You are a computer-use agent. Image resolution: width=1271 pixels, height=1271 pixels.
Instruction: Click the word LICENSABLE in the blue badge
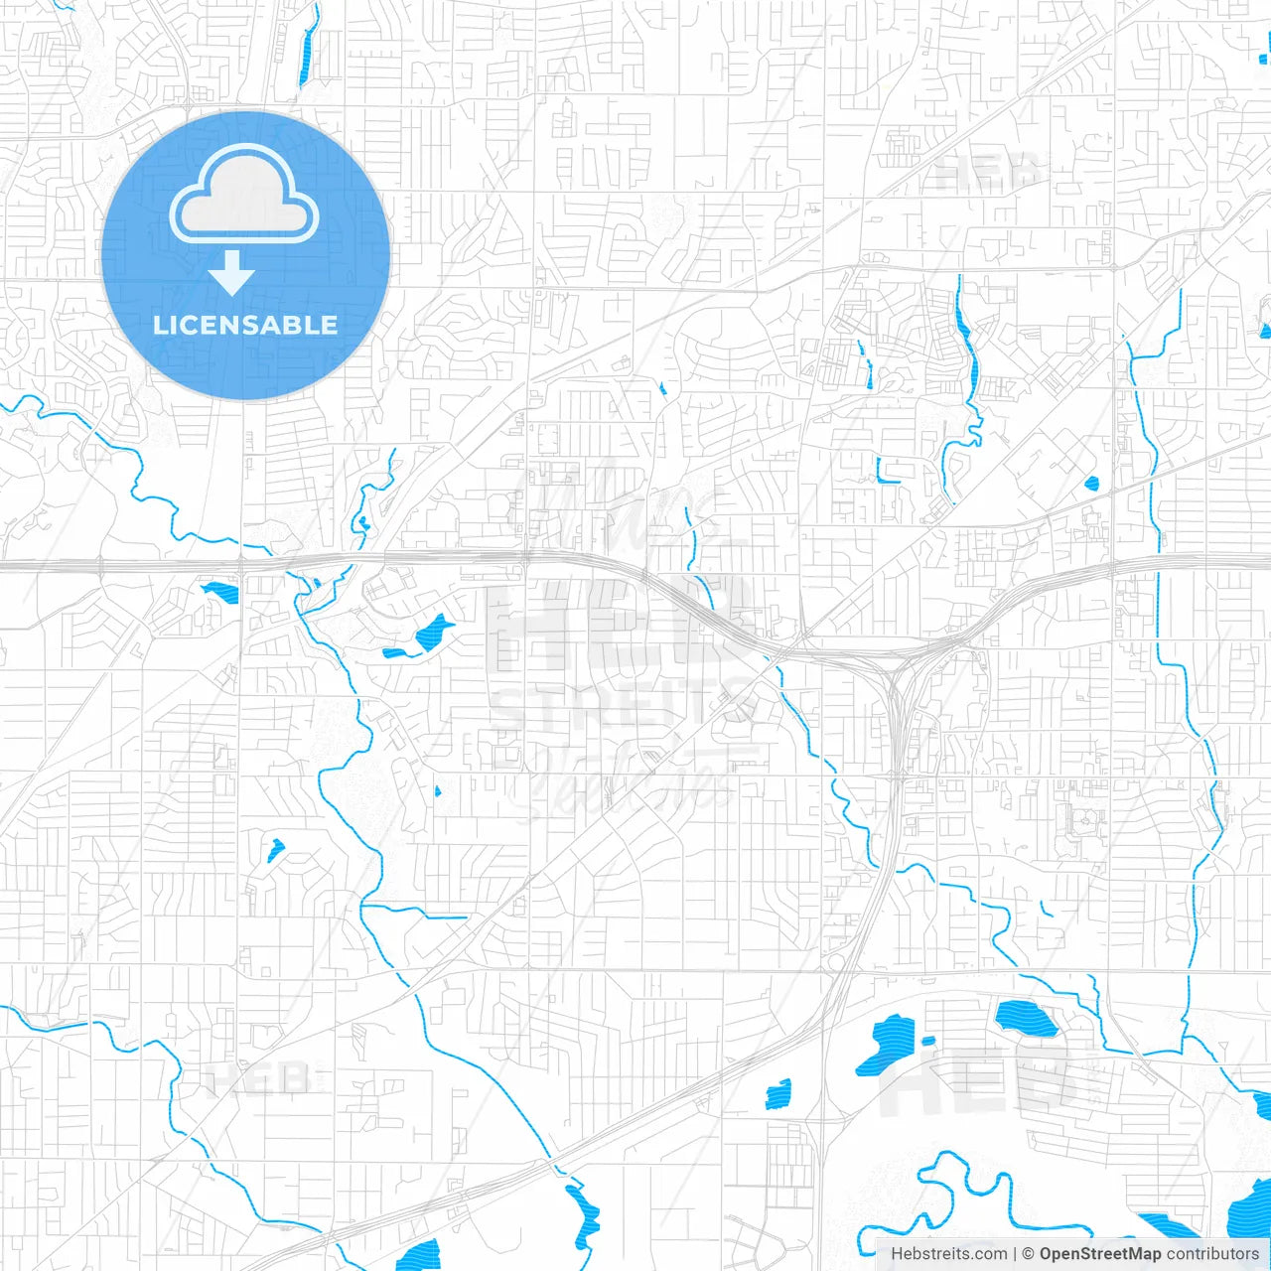click(x=245, y=325)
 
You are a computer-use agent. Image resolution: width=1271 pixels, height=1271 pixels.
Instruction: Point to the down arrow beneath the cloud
click(x=231, y=273)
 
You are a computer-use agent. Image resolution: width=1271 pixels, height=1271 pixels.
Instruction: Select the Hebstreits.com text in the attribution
click(x=948, y=1254)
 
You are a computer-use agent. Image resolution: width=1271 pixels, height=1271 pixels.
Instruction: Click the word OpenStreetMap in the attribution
click(x=1099, y=1254)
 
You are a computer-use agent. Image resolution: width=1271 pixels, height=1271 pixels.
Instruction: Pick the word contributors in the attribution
click(x=1212, y=1254)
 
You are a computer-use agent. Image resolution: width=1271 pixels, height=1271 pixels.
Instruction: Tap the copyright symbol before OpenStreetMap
click(x=1029, y=1254)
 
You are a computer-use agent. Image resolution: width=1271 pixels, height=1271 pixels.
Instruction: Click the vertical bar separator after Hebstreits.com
click(x=1014, y=1254)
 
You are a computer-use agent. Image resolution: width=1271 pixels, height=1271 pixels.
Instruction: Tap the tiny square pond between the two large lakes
click(x=928, y=1041)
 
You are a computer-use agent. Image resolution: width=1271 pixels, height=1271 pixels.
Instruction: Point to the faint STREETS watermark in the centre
click(x=621, y=705)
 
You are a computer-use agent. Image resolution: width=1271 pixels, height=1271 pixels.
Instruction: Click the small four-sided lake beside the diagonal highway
click(x=778, y=1093)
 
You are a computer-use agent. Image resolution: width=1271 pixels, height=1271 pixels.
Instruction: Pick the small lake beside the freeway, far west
click(x=220, y=593)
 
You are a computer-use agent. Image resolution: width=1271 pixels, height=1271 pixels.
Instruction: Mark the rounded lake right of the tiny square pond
click(x=1027, y=1018)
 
